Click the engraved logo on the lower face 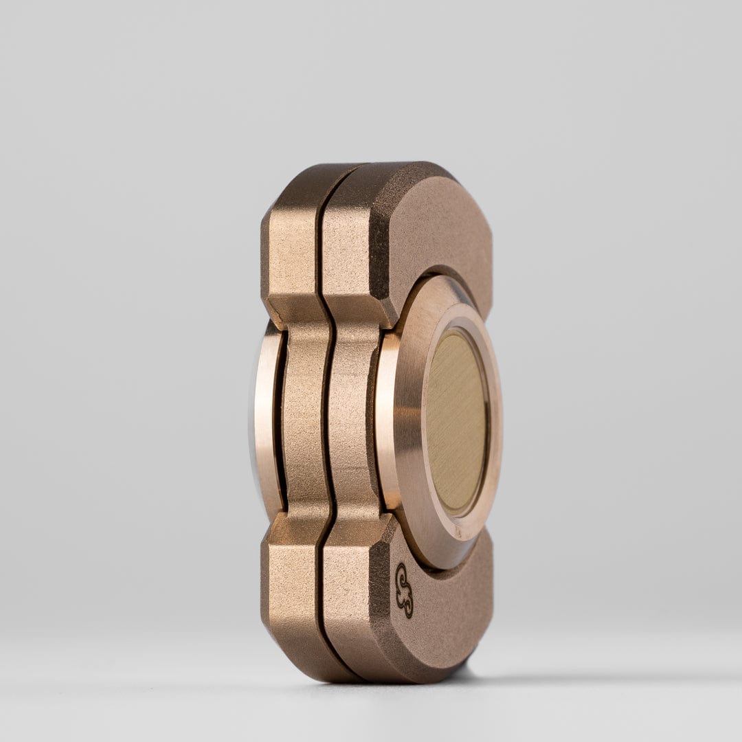(x=405, y=590)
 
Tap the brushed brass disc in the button (x=457, y=421)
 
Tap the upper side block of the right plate (x=347, y=254)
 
